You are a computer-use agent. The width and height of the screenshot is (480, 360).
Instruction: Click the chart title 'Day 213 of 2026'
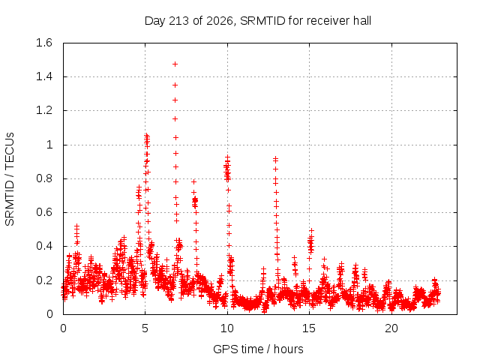pyautogui.click(x=188, y=21)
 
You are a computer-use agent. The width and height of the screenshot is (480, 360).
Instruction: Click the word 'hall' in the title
pyautogui.click(x=362, y=21)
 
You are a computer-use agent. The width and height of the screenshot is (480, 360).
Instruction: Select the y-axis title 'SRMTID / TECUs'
pyautogui.click(x=10, y=179)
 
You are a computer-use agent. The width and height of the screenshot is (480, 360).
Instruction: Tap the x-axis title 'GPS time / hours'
pyautogui.click(x=258, y=349)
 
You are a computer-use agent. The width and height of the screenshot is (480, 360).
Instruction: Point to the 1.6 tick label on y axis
pyautogui.click(x=44, y=43)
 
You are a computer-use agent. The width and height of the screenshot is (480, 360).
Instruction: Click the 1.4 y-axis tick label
pyautogui.click(x=44, y=76)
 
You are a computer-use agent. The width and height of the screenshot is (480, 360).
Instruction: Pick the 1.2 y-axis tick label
pyautogui.click(x=44, y=110)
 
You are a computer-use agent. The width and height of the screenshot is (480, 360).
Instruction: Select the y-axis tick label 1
pyautogui.click(x=49, y=145)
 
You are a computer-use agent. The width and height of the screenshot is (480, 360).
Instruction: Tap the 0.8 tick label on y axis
pyautogui.click(x=44, y=178)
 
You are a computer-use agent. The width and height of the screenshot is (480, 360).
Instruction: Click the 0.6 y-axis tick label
pyautogui.click(x=44, y=212)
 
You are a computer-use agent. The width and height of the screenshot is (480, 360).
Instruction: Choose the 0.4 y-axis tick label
pyautogui.click(x=44, y=246)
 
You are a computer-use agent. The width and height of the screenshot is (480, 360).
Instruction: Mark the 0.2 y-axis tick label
pyautogui.click(x=44, y=280)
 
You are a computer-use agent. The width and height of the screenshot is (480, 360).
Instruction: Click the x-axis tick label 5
pyautogui.click(x=145, y=328)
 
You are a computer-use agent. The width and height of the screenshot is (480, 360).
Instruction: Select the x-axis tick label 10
pyautogui.click(x=227, y=328)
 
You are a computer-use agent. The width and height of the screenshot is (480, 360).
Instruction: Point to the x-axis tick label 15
pyautogui.click(x=309, y=328)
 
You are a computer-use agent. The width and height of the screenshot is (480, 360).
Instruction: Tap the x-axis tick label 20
pyautogui.click(x=391, y=328)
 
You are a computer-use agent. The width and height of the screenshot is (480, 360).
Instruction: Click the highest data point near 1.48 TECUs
pyautogui.click(x=175, y=64)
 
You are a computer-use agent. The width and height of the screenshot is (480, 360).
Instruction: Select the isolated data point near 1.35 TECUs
pyautogui.click(x=175, y=85)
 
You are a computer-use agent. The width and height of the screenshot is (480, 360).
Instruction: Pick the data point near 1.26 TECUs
pyautogui.click(x=175, y=100)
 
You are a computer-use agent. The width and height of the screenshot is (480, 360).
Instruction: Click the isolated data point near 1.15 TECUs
pyautogui.click(x=175, y=118)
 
